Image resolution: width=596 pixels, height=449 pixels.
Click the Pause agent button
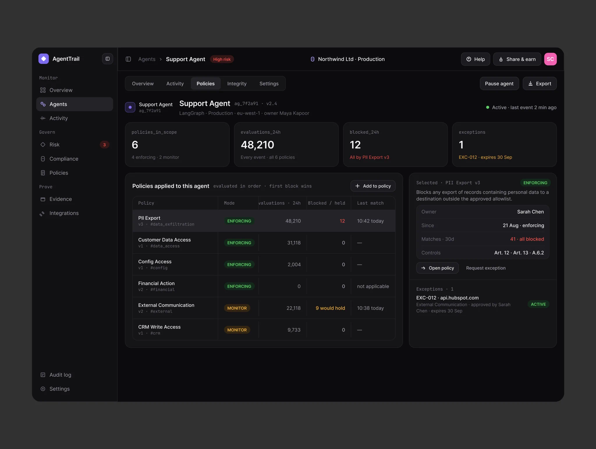499,84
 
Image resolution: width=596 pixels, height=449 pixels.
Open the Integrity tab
237,84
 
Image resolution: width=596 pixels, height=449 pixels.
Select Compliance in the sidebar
64,159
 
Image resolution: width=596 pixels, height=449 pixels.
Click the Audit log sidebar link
60,375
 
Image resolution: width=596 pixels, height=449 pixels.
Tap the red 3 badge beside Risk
104,145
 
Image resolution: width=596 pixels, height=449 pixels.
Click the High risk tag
222,59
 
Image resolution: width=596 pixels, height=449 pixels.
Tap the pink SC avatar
550,59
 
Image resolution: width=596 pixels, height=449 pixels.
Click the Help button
476,59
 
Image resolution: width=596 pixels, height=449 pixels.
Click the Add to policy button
373,186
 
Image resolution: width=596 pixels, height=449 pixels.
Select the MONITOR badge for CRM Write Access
237,330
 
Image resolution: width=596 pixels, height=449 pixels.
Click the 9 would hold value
330,308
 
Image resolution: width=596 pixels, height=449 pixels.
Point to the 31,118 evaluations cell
294,243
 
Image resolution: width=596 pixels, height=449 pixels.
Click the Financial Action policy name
156,283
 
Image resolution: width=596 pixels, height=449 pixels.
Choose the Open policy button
437,268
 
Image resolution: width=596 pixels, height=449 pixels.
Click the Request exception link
486,268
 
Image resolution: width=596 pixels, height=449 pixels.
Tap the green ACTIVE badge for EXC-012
538,304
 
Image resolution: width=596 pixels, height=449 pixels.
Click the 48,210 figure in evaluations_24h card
257,145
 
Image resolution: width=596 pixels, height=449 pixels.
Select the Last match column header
370,203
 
